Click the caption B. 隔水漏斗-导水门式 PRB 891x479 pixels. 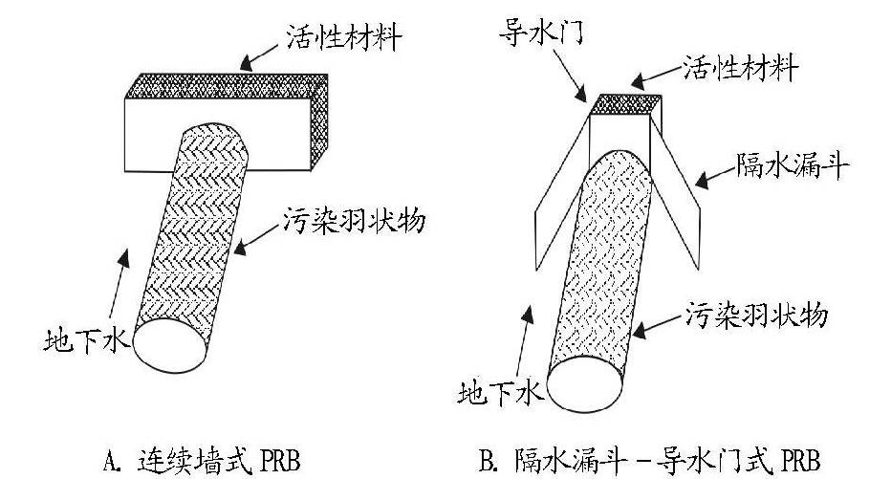pyautogui.click(x=650, y=455)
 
